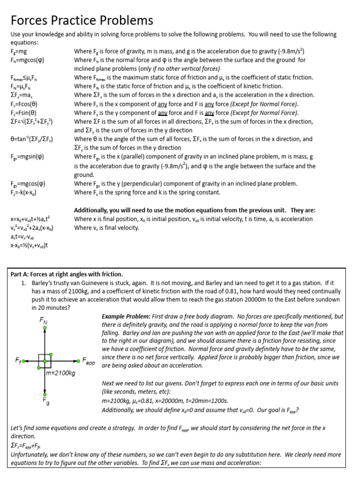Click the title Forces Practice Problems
(x=82, y=21)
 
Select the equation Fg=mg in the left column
(x=19, y=51)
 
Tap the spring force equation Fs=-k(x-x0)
(x=23, y=192)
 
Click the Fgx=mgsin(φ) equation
(x=28, y=157)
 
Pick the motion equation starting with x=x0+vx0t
(x=30, y=219)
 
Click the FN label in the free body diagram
(x=44, y=321)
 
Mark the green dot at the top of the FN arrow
(x=45, y=329)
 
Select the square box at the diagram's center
(x=45, y=361)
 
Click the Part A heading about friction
(x=67, y=274)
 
